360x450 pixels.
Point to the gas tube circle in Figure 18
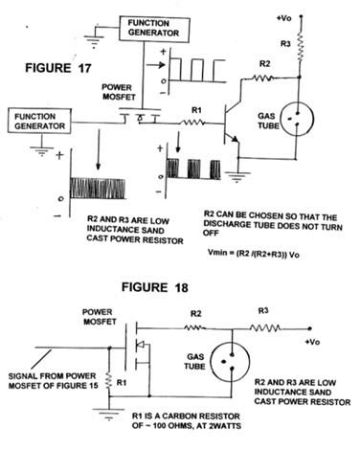click(x=220, y=363)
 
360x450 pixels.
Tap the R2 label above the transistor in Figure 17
click(x=263, y=62)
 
